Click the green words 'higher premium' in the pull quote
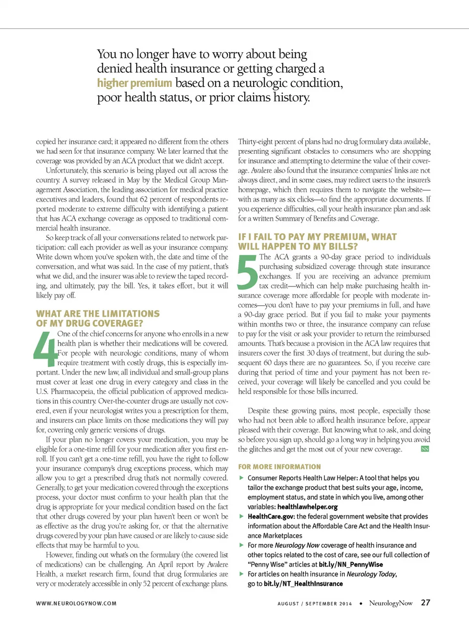tap(134, 83)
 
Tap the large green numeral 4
tap(45, 349)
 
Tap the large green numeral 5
tap(247, 272)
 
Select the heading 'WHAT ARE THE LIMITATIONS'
tap(98, 313)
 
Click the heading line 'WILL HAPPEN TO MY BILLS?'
tap(298, 247)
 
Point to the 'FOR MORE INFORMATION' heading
tap(279, 467)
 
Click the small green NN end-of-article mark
tap(425, 449)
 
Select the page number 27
tap(426, 603)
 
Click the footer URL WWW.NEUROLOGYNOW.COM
tap(76, 604)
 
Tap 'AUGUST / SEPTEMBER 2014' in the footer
tap(315, 604)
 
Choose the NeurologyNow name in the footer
tap(390, 603)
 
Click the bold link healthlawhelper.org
tap(307, 507)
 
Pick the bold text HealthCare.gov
tap(271, 516)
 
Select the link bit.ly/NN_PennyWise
tap(351, 564)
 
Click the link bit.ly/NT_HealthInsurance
tap(303, 584)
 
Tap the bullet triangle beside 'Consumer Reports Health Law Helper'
tap(241, 478)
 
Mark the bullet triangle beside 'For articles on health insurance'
tap(241, 574)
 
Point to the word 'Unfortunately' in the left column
tap(67, 170)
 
